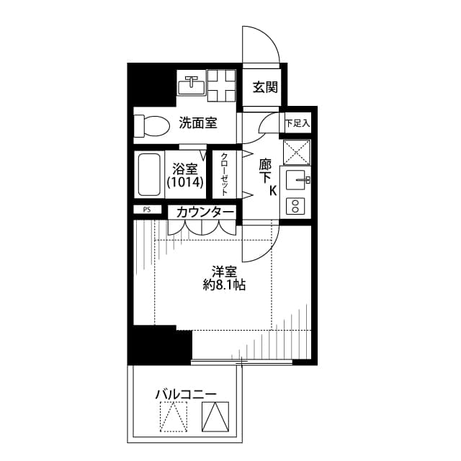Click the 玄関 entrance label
(264, 88)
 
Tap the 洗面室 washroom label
(198, 123)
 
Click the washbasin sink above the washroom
(192, 85)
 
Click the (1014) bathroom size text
(185, 183)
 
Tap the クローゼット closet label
(225, 174)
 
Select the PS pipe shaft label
(147, 210)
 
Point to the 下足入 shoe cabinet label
(297, 123)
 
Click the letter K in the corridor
(273, 191)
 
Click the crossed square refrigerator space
(296, 152)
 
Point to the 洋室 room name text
(224, 272)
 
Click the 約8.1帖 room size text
(224, 285)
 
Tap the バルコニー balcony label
(186, 395)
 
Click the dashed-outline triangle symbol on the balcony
(173, 416)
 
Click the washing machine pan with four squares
(222, 85)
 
